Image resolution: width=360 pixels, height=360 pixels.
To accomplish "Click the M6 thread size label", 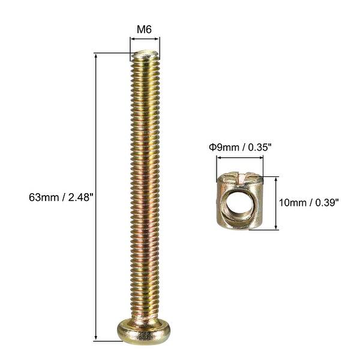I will (x=145, y=28).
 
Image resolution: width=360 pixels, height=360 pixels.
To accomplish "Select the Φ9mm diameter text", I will (x=222, y=146).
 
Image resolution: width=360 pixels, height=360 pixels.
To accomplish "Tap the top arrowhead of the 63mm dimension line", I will (x=96, y=56).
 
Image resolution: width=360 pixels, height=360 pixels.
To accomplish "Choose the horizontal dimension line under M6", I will (x=145, y=40).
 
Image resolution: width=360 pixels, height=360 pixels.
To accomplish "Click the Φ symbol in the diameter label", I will (x=211, y=146).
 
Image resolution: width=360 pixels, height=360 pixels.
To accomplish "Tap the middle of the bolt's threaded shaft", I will (x=145, y=186).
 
